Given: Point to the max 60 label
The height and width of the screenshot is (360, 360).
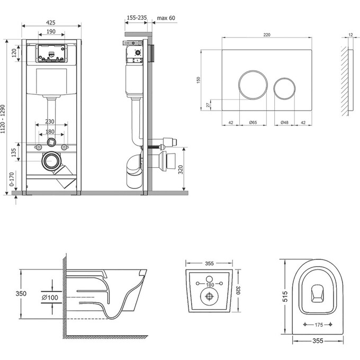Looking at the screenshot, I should pyautogui.click(x=165, y=17).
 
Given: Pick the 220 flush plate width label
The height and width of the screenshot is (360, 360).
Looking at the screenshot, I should pyautogui.click(x=266, y=34).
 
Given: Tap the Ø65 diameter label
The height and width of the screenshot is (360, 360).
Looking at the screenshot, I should pyautogui.click(x=253, y=123).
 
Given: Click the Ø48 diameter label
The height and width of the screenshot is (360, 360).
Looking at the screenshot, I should pyautogui.click(x=285, y=123).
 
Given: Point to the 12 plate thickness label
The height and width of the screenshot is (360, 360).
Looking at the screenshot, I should pyautogui.click(x=350, y=34).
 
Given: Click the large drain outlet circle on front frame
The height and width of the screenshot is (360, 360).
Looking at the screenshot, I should pyautogui.click(x=51, y=160).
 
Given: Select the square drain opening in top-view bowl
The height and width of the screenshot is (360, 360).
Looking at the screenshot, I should pyautogui.click(x=319, y=292).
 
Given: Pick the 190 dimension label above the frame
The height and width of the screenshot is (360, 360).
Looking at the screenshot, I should pyautogui.click(x=52, y=32).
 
